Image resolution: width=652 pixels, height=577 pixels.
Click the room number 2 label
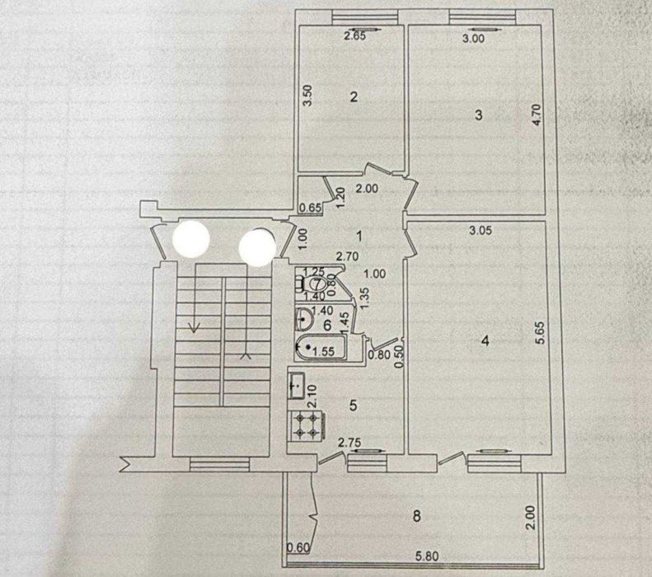click(x=354, y=97)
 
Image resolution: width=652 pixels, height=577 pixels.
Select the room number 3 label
click(x=479, y=115)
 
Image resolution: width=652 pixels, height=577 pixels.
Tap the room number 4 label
click(x=485, y=341)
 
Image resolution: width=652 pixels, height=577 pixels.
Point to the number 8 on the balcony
click(x=416, y=516)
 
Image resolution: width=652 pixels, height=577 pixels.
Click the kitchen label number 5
click(x=353, y=405)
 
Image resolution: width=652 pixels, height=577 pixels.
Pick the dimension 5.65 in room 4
click(x=540, y=333)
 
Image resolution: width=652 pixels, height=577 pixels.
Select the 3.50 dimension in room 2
click(x=307, y=96)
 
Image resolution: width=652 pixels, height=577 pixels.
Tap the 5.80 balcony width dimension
click(x=427, y=556)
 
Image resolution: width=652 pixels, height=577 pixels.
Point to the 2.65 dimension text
click(x=354, y=36)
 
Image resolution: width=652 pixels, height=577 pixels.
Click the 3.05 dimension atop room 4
click(x=481, y=230)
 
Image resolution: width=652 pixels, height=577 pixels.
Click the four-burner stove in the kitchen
click(x=307, y=426)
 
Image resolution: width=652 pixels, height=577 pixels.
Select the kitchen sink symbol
click(x=297, y=386)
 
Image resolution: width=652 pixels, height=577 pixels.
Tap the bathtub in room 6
click(x=320, y=348)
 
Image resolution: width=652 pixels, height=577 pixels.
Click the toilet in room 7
click(x=314, y=284)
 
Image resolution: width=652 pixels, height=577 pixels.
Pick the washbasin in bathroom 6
click(x=304, y=319)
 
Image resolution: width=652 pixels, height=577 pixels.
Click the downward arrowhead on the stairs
click(x=193, y=328)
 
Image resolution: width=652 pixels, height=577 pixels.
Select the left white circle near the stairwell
click(x=191, y=238)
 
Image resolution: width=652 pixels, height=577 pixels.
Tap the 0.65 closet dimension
click(x=311, y=208)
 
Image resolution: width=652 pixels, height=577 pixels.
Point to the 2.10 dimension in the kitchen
click(x=312, y=396)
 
